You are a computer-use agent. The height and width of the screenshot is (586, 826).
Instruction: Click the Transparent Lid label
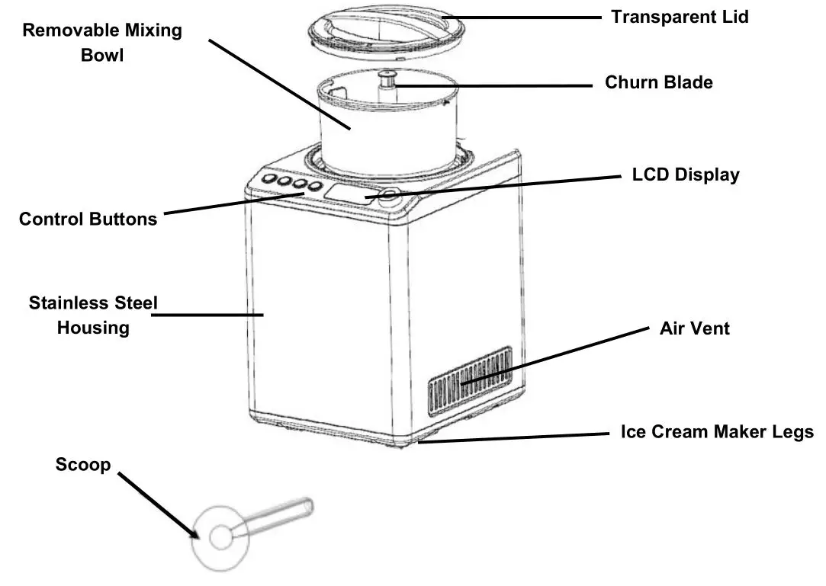click(x=680, y=17)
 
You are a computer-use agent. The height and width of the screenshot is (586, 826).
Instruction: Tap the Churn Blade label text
click(x=659, y=82)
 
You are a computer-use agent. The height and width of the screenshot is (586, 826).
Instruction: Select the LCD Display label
click(x=686, y=175)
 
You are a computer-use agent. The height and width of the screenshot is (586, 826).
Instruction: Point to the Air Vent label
click(x=694, y=328)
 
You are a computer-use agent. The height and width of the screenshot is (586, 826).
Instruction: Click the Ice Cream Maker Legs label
click(x=717, y=432)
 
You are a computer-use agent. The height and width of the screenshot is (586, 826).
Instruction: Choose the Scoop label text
click(x=83, y=465)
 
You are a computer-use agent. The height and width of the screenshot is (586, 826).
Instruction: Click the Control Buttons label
click(x=88, y=219)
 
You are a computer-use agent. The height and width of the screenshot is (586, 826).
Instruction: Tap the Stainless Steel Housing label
click(x=93, y=315)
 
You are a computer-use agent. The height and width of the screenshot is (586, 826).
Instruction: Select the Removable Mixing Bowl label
click(x=102, y=43)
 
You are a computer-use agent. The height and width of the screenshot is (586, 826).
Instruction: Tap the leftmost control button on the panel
click(x=268, y=180)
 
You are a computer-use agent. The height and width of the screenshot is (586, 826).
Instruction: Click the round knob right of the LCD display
click(x=391, y=195)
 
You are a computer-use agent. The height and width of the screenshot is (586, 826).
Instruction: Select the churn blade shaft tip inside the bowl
click(x=387, y=74)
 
